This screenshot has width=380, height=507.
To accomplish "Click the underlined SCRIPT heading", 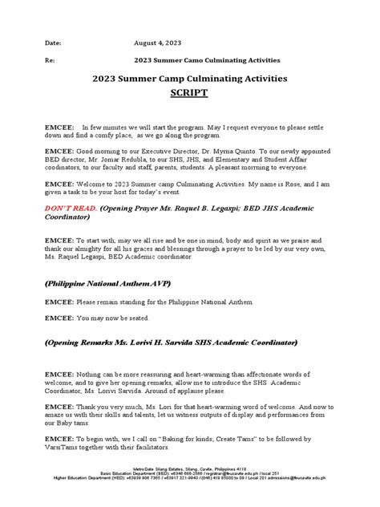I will click(x=189, y=93).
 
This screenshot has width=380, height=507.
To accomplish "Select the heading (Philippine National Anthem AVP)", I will click(x=110, y=285).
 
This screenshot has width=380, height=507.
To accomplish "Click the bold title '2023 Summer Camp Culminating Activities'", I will click(x=189, y=79).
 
